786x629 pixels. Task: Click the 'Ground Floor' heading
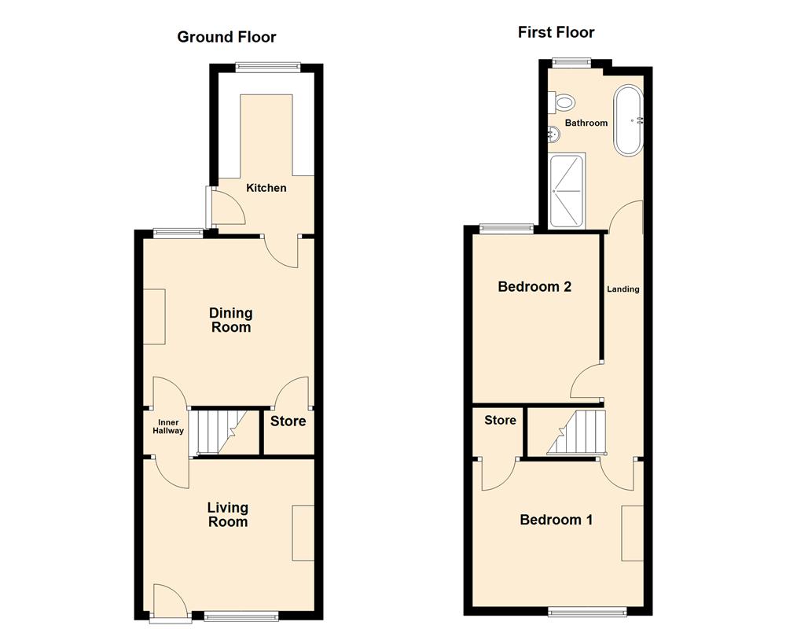click(226, 37)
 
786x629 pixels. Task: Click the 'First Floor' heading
click(556, 32)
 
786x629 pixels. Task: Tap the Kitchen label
click(266, 188)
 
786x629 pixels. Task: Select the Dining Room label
click(230, 320)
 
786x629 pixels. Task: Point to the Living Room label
click(227, 514)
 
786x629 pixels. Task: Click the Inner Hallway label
click(168, 427)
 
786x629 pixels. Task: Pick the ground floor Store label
click(288, 421)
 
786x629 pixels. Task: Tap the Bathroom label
click(586, 123)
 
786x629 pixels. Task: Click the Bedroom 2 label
click(534, 287)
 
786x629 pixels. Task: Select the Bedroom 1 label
click(556, 520)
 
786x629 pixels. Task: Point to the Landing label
click(623, 289)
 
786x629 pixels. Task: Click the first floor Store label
click(500, 421)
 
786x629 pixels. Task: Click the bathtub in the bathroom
click(629, 120)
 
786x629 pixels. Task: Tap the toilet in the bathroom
click(564, 101)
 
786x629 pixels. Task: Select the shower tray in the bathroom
click(567, 190)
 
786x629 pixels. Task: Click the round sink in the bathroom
click(555, 134)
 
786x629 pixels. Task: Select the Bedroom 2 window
click(507, 229)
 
